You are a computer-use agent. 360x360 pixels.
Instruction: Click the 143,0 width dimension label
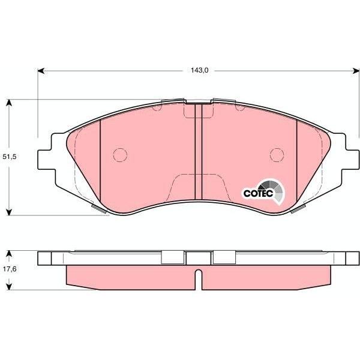tap(199, 70)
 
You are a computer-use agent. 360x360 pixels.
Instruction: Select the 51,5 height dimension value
tap(10, 157)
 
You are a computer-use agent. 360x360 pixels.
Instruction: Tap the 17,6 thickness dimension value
tap(10, 269)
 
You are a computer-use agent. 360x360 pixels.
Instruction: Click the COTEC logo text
tap(258, 193)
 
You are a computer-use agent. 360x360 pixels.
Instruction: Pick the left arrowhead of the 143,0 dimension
tap(41, 71)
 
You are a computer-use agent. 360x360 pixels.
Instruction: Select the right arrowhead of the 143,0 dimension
tap(356, 71)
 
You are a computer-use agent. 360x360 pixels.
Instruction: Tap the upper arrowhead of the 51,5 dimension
tap(9, 103)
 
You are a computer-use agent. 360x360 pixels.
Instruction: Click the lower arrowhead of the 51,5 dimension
tap(9, 212)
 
